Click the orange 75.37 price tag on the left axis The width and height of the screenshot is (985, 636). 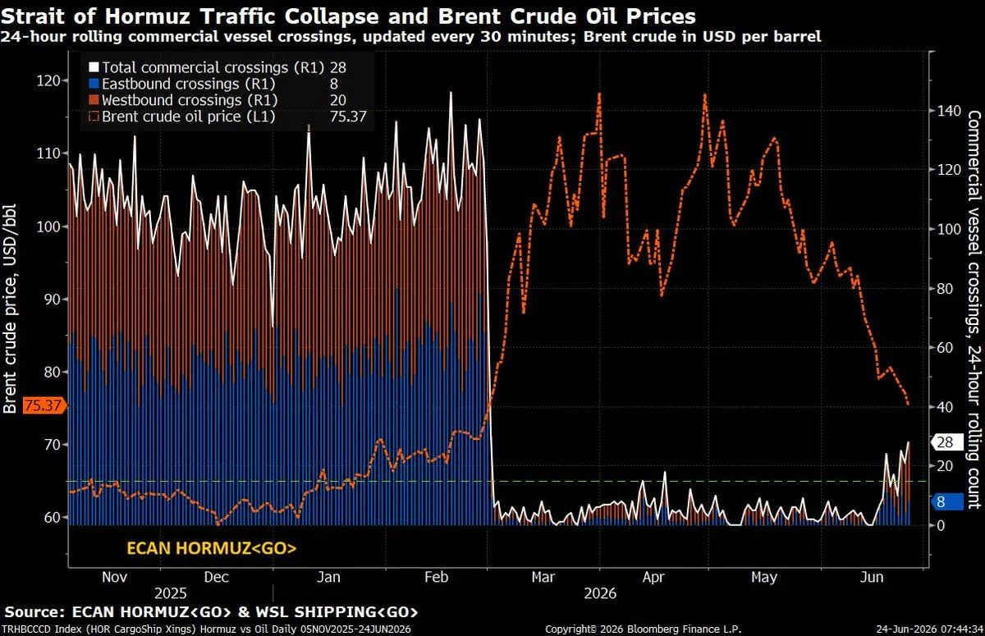point(43,405)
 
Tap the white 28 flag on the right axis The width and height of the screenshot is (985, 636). point(946,442)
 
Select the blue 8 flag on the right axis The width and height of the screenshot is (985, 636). point(946,501)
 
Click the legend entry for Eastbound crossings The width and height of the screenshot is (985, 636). point(182,84)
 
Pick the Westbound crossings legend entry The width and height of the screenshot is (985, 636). point(183,100)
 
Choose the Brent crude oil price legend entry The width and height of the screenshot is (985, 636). point(182,117)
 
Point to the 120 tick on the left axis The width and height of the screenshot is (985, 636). point(48,81)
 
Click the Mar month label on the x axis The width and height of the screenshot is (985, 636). point(543,577)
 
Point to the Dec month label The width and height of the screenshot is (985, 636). point(217,577)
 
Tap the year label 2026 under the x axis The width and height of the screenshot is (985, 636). point(600,594)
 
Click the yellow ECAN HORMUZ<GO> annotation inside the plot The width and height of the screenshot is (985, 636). point(212,548)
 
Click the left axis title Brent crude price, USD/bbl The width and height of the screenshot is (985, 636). point(10,309)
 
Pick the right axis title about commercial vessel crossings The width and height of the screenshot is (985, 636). point(974,309)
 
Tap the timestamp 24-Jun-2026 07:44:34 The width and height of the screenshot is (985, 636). point(929,629)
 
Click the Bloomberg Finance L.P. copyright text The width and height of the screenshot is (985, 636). point(643,629)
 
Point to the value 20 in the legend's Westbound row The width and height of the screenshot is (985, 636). point(337,100)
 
